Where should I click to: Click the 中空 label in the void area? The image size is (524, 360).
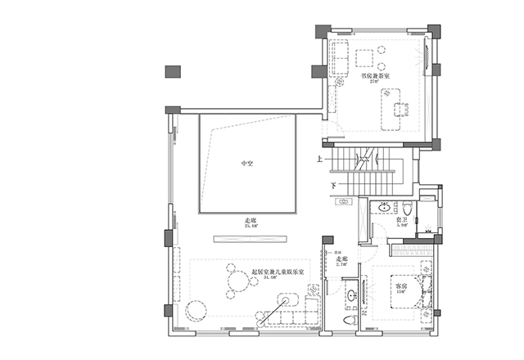(x=246, y=164)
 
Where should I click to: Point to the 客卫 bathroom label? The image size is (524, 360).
(x=403, y=220)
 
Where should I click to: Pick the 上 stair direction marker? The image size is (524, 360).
(x=318, y=159)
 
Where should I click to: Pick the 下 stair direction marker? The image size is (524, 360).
(x=333, y=186)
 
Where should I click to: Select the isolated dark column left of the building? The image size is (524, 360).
(x=173, y=71)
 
